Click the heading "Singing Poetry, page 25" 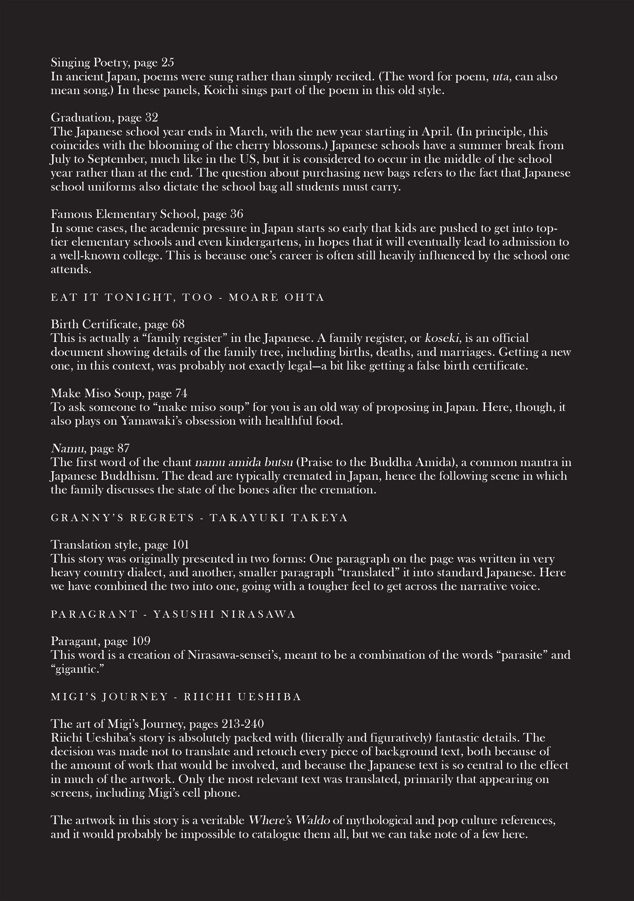pyautogui.click(x=112, y=63)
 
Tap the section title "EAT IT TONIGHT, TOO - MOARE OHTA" pyautogui.click(x=188, y=297)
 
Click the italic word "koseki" pyautogui.click(x=442, y=338)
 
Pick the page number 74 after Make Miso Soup pyautogui.click(x=181, y=393)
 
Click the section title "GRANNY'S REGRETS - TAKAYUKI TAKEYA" pyautogui.click(x=199, y=518)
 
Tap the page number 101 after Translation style pyautogui.click(x=181, y=545)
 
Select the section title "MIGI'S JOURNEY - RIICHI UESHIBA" pyautogui.click(x=176, y=697)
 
